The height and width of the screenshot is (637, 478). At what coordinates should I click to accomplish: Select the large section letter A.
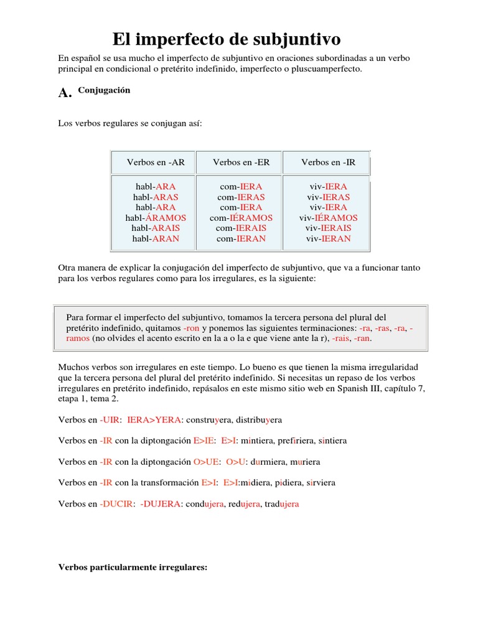pos(65,93)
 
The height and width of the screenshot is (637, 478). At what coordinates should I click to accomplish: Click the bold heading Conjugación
pos(104,90)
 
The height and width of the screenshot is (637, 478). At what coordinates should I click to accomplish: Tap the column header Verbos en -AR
pos(156,162)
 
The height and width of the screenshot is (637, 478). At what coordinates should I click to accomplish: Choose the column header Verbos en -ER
pos(241,162)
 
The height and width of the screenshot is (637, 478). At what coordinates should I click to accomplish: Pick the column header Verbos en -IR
pos(328,162)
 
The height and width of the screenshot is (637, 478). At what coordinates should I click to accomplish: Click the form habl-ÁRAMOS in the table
pos(156,218)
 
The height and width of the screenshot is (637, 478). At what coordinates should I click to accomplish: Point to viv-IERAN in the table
pos(328,238)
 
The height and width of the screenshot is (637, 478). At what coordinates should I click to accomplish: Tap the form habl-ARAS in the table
pos(156,197)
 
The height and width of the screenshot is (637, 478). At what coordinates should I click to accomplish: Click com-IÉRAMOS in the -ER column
pos(241,218)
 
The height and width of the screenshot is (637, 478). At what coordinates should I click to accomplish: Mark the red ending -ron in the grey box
pos(191,328)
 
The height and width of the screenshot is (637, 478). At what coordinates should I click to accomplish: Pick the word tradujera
pos(281,504)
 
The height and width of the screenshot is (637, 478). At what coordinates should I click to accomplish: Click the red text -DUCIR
pos(116,504)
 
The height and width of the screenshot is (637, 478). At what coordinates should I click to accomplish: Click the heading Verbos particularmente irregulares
pos(132,567)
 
